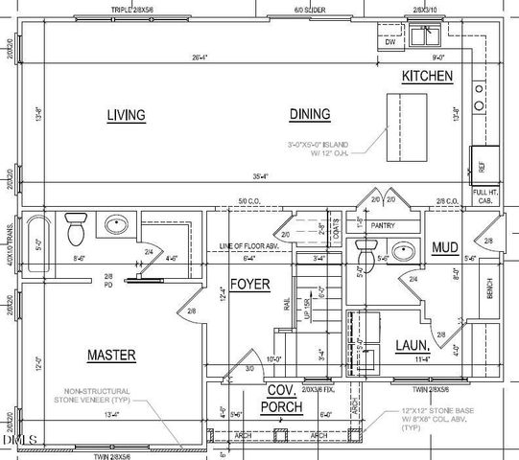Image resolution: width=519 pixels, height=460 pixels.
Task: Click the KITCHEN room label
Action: [428, 76]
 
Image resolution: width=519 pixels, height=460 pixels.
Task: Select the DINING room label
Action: [309, 114]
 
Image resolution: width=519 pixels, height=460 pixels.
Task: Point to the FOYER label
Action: [249, 285]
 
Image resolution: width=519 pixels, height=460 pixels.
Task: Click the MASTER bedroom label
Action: [111, 355]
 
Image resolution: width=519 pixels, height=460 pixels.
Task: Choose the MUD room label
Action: [444, 248]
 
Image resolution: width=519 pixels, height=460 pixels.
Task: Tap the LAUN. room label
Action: [413, 345]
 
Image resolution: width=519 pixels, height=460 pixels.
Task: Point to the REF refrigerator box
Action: [482, 166]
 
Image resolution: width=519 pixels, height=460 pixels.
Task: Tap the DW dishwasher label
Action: [390, 42]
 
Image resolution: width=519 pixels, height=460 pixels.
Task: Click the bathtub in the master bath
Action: [36, 246]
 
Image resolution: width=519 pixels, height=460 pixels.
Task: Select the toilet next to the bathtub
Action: [76, 229]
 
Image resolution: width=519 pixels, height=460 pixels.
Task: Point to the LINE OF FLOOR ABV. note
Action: [251, 246]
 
